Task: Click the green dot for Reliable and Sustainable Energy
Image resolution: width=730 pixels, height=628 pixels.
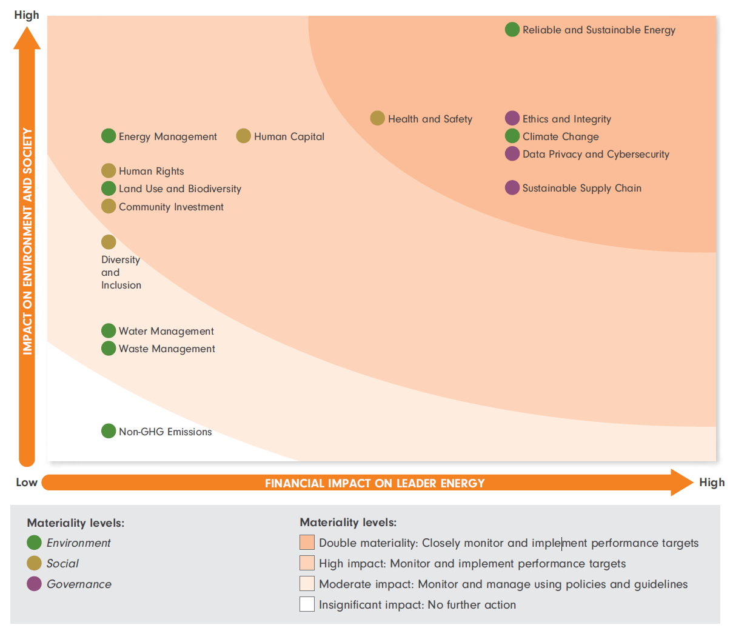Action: (x=512, y=29)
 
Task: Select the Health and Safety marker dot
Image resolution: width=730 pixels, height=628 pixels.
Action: (x=377, y=118)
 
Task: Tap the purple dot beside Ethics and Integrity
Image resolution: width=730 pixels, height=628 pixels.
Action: (x=512, y=118)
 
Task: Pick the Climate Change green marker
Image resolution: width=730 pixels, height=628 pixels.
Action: (x=512, y=136)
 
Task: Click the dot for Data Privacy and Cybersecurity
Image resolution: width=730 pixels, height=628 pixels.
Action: (x=512, y=153)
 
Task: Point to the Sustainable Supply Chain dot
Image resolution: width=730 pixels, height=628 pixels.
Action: (x=512, y=187)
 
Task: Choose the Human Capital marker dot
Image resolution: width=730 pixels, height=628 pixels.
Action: (x=243, y=136)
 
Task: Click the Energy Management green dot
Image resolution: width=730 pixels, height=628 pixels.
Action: (x=109, y=136)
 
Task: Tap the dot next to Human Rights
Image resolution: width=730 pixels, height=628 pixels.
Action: (x=109, y=171)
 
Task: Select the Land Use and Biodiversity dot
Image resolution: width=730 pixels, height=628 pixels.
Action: (x=109, y=189)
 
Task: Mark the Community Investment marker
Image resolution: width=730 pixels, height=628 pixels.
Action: (x=109, y=206)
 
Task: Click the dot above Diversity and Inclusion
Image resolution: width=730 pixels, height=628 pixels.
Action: (x=109, y=242)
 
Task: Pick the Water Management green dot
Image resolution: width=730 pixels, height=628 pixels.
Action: (x=109, y=330)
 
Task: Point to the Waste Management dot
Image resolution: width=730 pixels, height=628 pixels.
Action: (x=109, y=348)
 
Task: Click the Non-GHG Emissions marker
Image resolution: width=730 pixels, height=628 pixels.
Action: (x=109, y=431)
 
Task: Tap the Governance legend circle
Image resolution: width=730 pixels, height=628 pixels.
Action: (x=34, y=584)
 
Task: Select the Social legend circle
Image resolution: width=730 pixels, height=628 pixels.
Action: (x=34, y=563)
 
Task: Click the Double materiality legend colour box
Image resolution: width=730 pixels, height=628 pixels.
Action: (x=307, y=543)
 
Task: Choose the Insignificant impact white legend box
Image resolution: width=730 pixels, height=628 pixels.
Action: (x=307, y=604)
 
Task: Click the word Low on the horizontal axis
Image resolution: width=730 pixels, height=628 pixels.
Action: (x=27, y=483)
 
